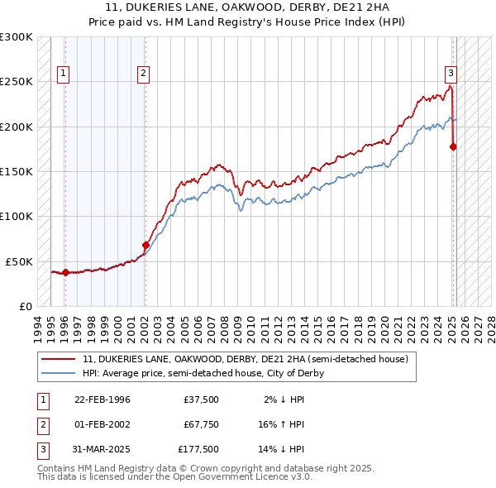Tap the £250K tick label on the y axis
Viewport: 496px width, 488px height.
17,82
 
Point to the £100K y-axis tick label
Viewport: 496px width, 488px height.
17,216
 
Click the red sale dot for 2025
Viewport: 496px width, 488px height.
453,147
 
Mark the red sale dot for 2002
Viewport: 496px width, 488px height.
145,245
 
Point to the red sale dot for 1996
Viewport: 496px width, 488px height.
65,272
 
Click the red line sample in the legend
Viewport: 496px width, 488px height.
60,360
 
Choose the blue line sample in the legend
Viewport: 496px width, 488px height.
60,373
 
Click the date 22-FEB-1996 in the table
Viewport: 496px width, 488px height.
103,399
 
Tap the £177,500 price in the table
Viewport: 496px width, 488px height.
199,449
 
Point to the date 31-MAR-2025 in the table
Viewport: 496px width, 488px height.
103,449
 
